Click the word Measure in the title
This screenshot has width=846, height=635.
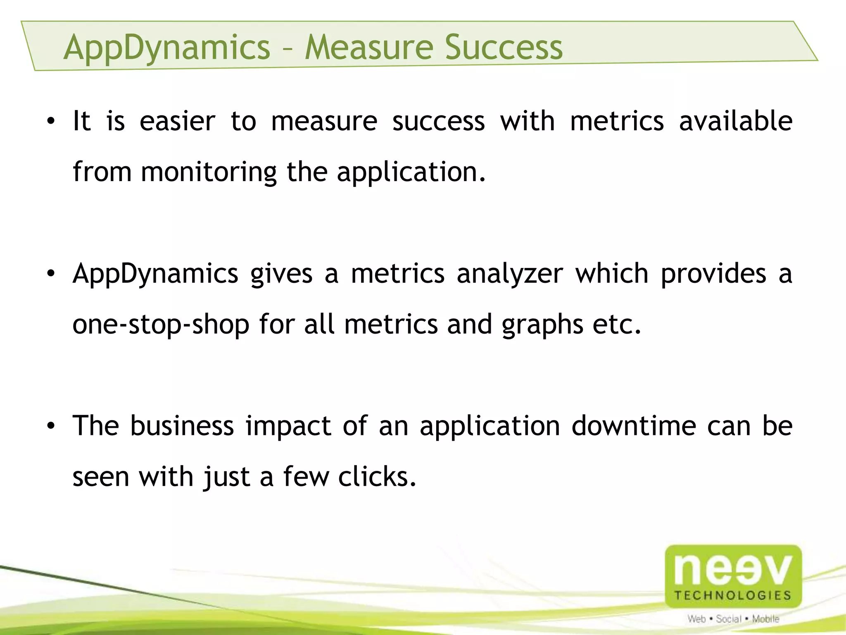coord(369,48)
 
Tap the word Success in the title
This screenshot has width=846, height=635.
coord(504,48)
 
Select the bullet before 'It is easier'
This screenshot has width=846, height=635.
coord(50,122)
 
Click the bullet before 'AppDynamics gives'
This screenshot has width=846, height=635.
coord(50,274)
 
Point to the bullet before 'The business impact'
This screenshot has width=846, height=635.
coord(50,426)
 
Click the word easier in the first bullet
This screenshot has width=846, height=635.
coord(177,122)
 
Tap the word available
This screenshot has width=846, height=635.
coord(736,122)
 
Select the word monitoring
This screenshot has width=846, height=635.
coord(209,172)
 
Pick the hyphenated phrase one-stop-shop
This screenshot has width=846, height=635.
coord(161,325)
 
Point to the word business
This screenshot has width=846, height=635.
coord(182,426)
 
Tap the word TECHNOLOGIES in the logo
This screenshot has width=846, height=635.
coord(733,595)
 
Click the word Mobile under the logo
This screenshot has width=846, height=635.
coord(765,619)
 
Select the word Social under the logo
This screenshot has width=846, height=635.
coord(729,619)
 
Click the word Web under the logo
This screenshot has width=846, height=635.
coord(696,619)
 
